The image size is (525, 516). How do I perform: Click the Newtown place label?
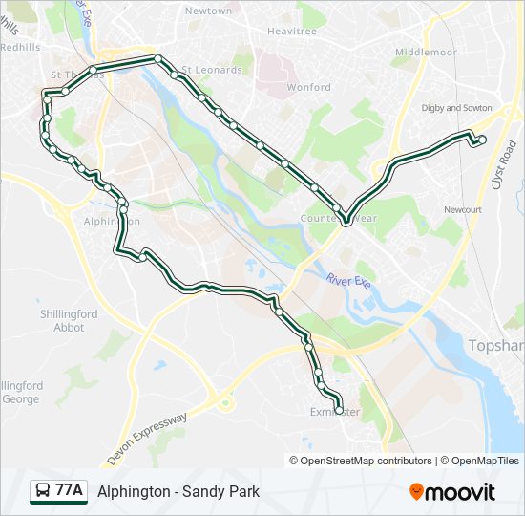click(x=208, y=11)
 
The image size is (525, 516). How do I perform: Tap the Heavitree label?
click(x=291, y=31)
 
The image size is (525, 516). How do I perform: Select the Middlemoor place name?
click(x=426, y=52)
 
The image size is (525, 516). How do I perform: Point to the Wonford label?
click(x=308, y=87)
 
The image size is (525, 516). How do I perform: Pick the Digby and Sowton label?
click(x=455, y=108)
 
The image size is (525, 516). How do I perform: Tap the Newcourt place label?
click(x=463, y=208)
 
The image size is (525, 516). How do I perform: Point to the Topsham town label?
click(x=496, y=344)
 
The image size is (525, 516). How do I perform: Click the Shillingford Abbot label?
click(x=69, y=320)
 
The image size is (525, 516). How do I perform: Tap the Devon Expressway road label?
click(x=148, y=440)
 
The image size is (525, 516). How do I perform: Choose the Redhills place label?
click(x=20, y=46)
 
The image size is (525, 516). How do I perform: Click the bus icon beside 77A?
click(x=43, y=491)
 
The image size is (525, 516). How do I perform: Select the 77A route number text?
click(x=70, y=491)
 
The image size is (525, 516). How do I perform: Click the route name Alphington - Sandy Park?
click(x=178, y=492)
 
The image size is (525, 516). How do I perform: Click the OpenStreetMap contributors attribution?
click(x=367, y=461)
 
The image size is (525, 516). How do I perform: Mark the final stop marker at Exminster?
click(x=338, y=411)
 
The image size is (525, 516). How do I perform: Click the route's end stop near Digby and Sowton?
click(x=482, y=140)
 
